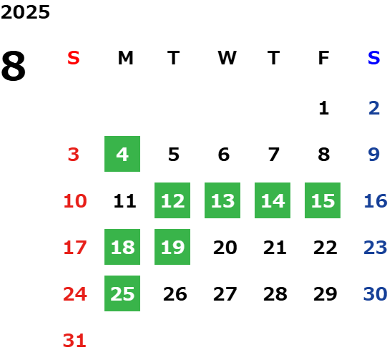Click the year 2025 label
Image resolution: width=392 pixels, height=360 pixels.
[x=25, y=12]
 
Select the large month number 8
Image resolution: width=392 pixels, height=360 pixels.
[x=14, y=66]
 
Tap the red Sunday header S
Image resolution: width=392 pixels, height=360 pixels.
[x=74, y=58]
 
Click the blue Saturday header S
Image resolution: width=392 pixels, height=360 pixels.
[x=373, y=58]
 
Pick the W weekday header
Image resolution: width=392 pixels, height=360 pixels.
[x=227, y=58]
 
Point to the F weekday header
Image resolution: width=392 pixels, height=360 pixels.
[x=323, y=58]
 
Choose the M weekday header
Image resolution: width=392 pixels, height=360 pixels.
[x=125, y=58]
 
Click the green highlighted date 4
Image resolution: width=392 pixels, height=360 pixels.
[x=122, y=154]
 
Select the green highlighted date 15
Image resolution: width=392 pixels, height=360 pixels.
[x=323, y=200]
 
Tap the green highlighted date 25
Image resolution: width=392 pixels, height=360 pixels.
[x=122, y=293]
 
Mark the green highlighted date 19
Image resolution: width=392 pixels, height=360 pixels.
[x=172, y=247]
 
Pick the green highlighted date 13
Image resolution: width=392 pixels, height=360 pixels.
[x=222, y=200]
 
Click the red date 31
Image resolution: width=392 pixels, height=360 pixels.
[x=74, y=341]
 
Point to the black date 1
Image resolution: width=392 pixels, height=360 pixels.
[x=324, y=108]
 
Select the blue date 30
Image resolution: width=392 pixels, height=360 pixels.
[x=375, y=293]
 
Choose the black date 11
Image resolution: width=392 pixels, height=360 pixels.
[x=124, y=201]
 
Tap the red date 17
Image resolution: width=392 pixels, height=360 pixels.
[x=75, y=248]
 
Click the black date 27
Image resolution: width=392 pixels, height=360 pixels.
[x=225, y=294]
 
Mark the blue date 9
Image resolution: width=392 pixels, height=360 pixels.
[x=374, y=155]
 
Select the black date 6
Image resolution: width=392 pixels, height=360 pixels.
[x=224, y=155]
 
